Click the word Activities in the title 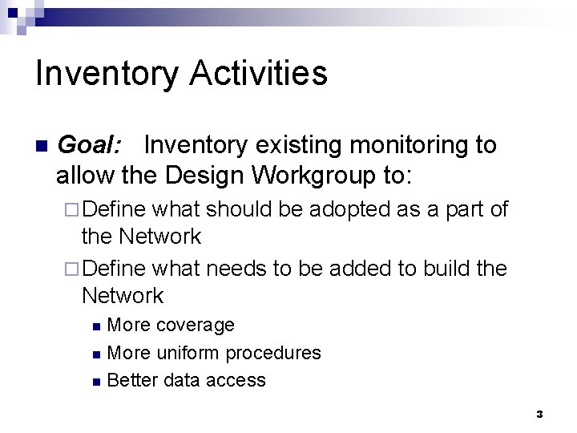click(x=259, y=73)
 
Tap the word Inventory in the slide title click(x=108, y=73)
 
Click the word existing click(x=299, y=145)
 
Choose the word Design click(x=208, y=173)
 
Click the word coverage click(x=195, y=325)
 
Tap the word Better click(x=132, y=380)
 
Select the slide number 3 click(x=539, y=415)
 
